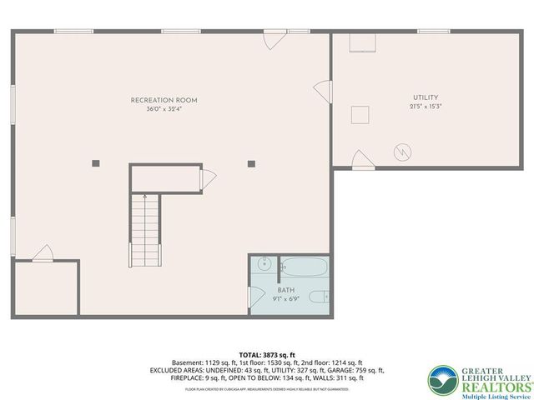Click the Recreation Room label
pos(164,100)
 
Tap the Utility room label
pos(425,97)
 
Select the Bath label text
pos(286,290)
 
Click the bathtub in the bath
pos(304,267)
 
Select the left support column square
pos(95,162)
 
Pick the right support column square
pos(250,162)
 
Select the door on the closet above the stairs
pos(209,177)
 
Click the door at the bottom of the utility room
pos(360,159)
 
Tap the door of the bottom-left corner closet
pos(40,253)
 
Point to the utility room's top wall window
pos(434,32)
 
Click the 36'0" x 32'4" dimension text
pos(164,109)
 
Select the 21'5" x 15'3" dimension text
pos(425,107)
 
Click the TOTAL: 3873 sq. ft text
pos(266,355)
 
